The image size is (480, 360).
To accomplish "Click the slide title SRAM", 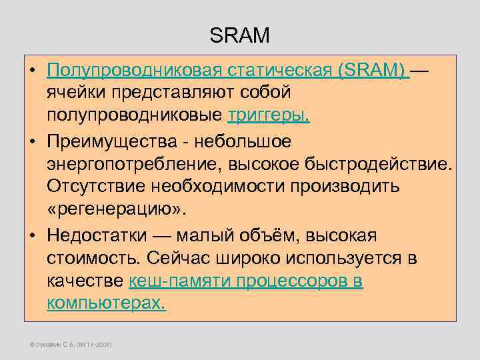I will pos(239,35).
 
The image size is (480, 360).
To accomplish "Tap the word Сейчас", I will pos(175,258).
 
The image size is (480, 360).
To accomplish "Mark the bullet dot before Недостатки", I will pos(33,236).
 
